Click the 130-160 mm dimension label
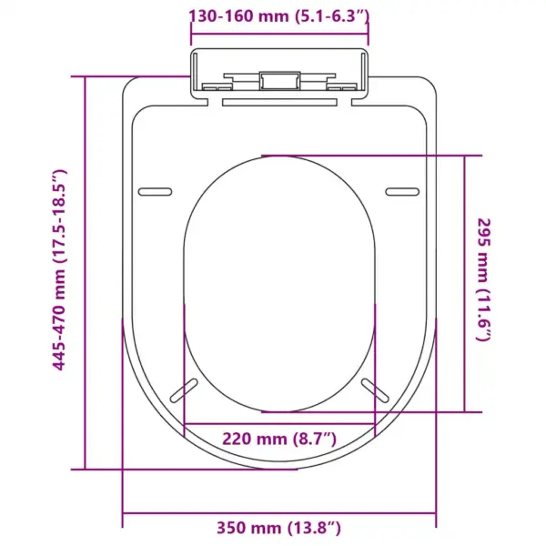click(279, 16)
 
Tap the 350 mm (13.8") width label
click(279, 528)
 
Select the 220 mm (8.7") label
click(279, 439)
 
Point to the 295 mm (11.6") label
click(484, 280)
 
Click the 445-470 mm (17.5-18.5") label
click(59, 270)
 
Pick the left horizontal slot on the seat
click(156, 191)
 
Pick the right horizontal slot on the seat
click(402, 191)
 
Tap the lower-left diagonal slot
click(184, 390)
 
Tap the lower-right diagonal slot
click(375, 390)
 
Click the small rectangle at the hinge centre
click(279, 81)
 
